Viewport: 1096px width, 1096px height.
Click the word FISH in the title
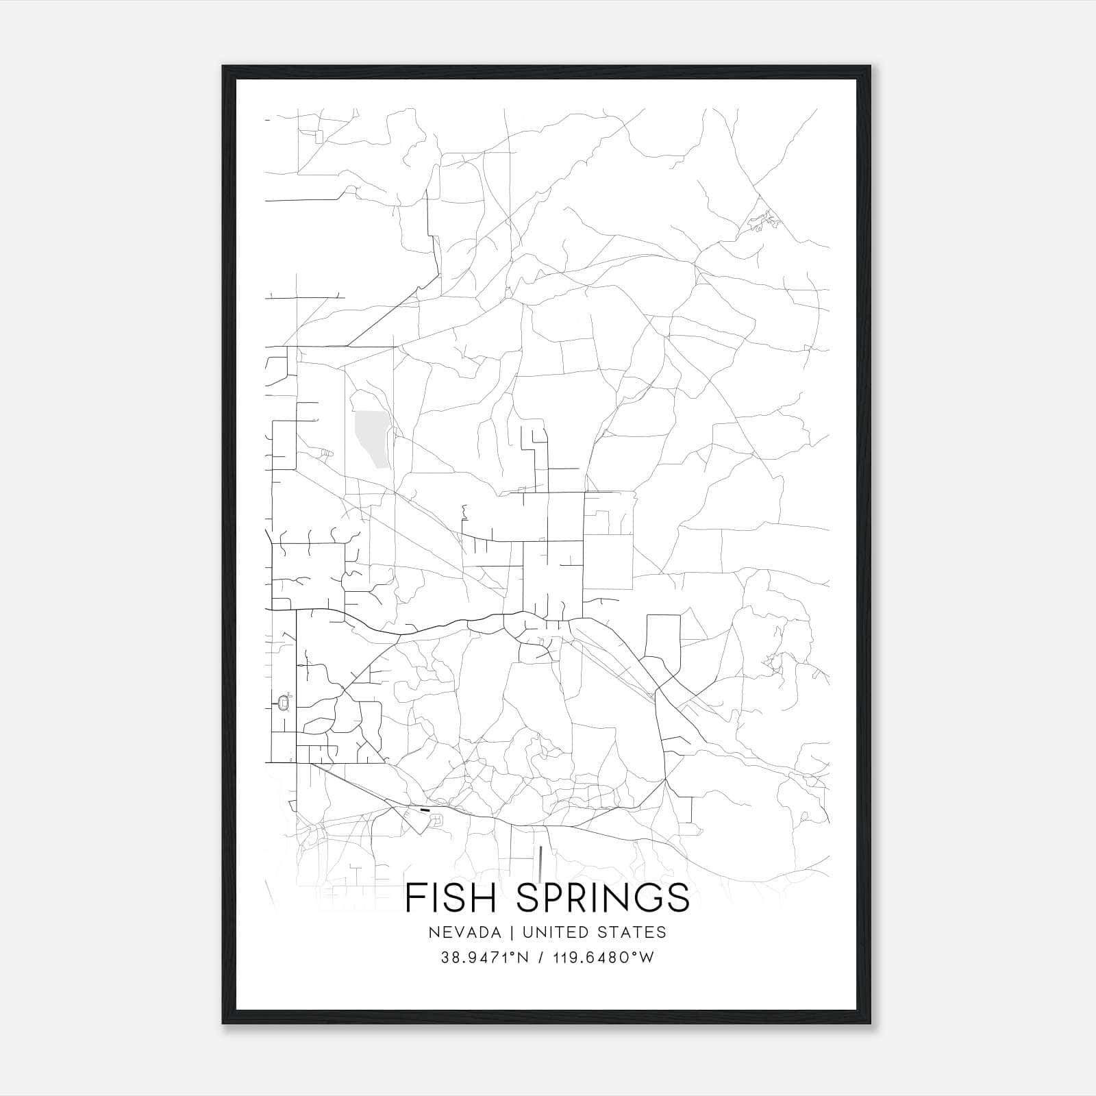tap(452, 897)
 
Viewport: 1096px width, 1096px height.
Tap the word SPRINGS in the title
tap(603, 897)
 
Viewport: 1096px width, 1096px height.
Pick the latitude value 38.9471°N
tap(484, 958)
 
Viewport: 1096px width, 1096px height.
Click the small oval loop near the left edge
tap(284, 703)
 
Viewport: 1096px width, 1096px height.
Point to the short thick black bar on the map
tap(425, 810)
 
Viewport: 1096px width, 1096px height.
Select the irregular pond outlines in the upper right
tap(764, 221)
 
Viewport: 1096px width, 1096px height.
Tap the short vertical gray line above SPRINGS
tap(541, 863)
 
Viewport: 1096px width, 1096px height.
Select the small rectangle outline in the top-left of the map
tap(319, 137)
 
